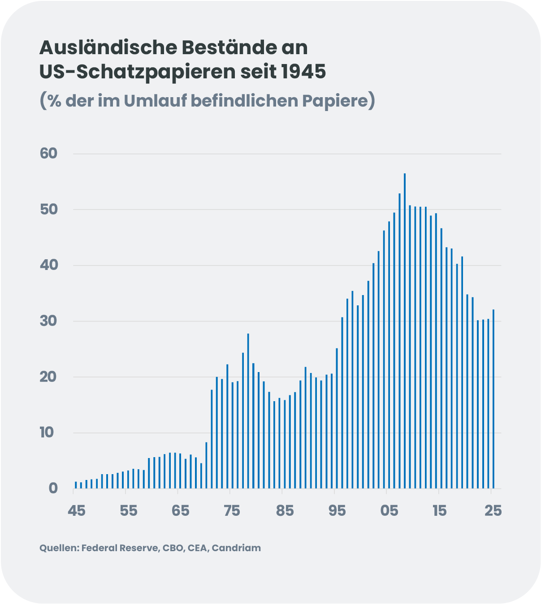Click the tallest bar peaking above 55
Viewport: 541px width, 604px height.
coord(405,331)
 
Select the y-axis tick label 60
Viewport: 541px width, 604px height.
coord(49,154)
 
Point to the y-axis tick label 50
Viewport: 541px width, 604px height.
coord(49,210)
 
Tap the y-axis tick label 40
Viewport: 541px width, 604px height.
coord(49,265)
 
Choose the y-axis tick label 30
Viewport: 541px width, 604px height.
coord(49,321)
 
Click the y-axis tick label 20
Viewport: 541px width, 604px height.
coord(49,377)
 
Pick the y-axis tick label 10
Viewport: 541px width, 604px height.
coord(47,433)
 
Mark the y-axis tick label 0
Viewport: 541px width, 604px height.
coord(53,488)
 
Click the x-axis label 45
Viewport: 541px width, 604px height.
coord(76,510)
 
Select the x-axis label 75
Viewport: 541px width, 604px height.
coord(232,510)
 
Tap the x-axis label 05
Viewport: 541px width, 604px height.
coord(389,510)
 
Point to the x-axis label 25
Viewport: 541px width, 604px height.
coord(493,510)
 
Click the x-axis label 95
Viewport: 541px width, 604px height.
coord(337,510)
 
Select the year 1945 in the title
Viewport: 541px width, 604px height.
coord(303,72)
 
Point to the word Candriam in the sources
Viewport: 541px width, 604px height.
coord(236,548)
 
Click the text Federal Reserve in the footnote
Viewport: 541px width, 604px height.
coord(120,548)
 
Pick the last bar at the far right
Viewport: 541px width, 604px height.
coord(493,398)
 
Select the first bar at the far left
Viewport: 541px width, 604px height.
coord(76,485)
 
